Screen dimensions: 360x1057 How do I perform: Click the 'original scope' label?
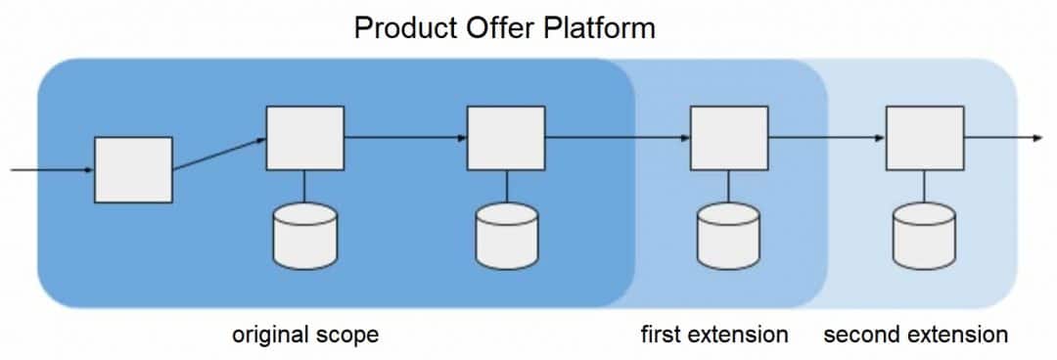pyautogui.click(x=304, y=335)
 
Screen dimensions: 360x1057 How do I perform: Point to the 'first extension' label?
pyautogui.click(x=713, y=335)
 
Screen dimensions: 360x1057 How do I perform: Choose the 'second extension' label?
pyautogui.click(x=915, y=335)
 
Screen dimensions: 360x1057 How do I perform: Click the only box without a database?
pyautogui.click(x=133, y=170)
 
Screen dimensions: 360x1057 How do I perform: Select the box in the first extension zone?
pyautogui.click(x=728, y=138)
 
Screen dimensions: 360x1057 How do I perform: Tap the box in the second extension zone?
pyautogui.click(x=924, y=138)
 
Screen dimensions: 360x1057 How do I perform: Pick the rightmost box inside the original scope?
pyautogui.click(x=506, y=138)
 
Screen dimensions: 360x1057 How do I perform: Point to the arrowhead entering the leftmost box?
pyautogui.click(x=89, y=170)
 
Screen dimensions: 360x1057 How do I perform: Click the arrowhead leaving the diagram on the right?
pyautogui.click(x=1036, y=138)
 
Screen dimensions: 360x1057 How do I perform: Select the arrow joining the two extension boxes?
pyautogui.click(x=826, y=138)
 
